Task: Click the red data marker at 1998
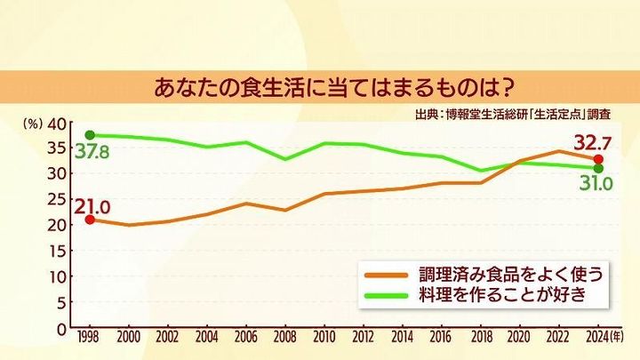point(89,219)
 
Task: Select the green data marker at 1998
point(89,135)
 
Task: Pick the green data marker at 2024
point(598,168)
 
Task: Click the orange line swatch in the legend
point(386,275)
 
